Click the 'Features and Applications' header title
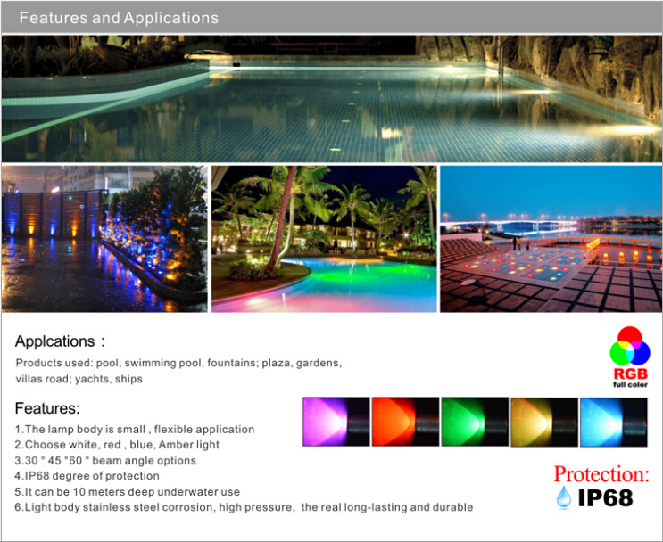tap(119, 18)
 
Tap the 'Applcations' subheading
tap(55, 341)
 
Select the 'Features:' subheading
tap(47, 408)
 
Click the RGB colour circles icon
tap(630, 347)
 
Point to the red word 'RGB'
tap(631, 374)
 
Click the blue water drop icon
tap(564, 497)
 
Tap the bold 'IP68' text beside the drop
tap(606, 498)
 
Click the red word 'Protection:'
tap(601, 474)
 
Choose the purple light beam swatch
tap(336, 422)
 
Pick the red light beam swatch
tap(405, 422)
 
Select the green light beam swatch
tap(475, 422)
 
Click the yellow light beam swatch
tap(544, 422)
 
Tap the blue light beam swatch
tap(614, 422)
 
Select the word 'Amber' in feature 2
tap(173, 445)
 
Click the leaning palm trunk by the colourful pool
tap(280, 219)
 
